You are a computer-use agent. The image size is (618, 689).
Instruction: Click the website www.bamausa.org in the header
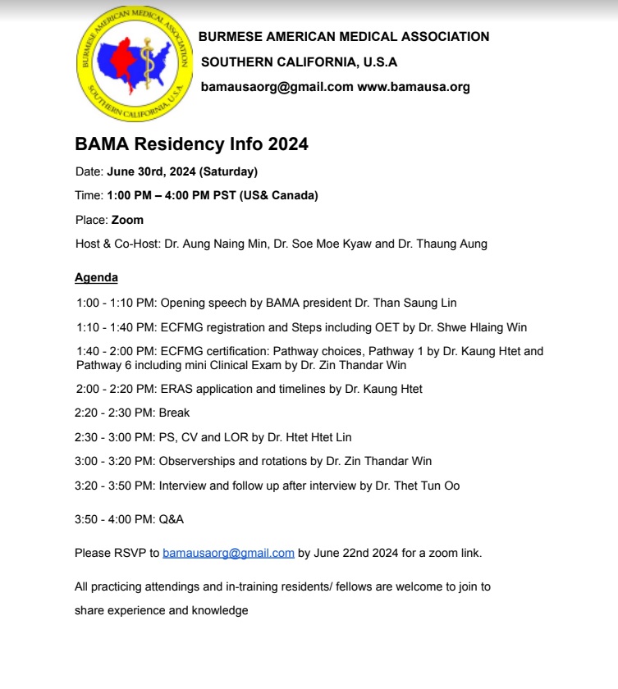(413, 87)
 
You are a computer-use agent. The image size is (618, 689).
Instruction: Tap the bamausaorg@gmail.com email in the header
(277, 87)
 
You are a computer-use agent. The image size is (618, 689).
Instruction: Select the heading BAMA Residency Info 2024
(191, 144)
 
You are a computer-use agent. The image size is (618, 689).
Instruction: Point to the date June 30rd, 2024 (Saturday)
(182, 171)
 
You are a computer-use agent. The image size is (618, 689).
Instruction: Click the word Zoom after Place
(127, 220)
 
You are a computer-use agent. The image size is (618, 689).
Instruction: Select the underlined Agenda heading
(96, 277)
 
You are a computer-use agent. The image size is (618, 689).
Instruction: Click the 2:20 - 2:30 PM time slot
(115, 413)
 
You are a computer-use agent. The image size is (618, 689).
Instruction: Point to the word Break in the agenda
(174, 413)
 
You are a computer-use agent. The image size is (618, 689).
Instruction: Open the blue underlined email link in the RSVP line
(228, 553)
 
